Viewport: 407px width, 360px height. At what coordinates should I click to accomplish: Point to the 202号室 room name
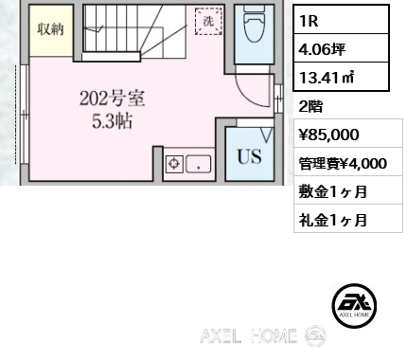coord(112,98)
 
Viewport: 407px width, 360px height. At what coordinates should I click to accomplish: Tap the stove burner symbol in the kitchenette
coord(174,164)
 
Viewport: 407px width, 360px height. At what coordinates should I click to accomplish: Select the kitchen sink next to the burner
coord(201,163)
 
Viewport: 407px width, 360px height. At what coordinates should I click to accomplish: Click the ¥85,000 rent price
coord(327,135)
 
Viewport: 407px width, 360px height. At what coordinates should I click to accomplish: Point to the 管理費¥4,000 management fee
coord(341,163)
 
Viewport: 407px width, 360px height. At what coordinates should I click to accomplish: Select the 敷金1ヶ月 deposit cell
coord(331,191)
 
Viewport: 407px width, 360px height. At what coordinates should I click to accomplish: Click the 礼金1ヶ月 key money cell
coord(331,220)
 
